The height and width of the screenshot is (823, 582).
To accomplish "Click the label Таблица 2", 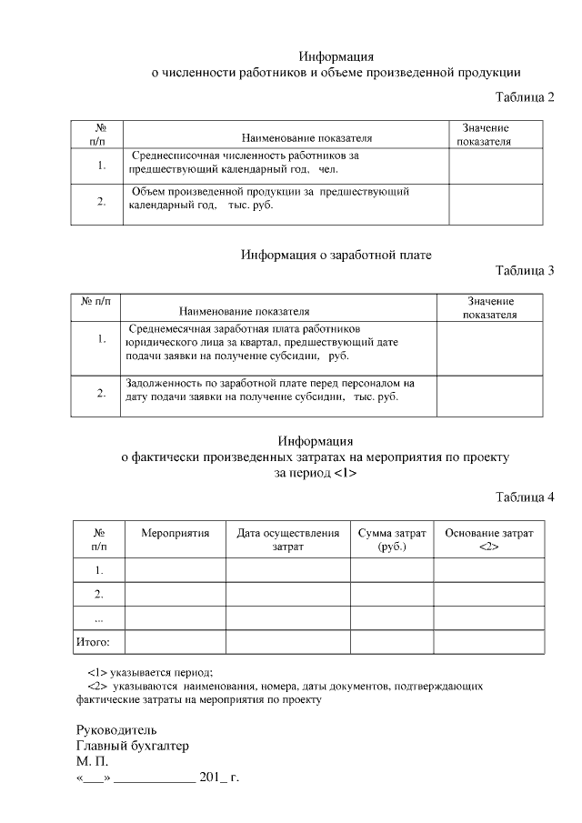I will pos(524,96).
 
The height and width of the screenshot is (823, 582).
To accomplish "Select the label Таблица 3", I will pos(524,270).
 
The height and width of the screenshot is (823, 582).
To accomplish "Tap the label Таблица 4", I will pos(524,497).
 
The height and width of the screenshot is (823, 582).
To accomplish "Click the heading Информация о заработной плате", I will pos(336,255).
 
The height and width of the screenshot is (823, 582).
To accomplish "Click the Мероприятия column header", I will pos(175,533).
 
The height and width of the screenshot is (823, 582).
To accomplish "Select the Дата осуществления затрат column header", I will pos(287,539).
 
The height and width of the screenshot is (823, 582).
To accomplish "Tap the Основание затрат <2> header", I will pos(488,539).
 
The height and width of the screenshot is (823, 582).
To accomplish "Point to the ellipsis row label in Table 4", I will pos(98,618).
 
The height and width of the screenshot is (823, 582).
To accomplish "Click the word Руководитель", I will pos(116,729).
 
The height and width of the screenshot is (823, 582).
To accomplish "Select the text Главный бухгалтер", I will pos(132,746).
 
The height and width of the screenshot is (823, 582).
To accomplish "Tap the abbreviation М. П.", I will pos(92,762).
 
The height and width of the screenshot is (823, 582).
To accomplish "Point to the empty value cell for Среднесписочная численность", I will pos(496,165).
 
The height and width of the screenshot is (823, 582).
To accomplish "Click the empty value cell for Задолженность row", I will pos(491,396).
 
